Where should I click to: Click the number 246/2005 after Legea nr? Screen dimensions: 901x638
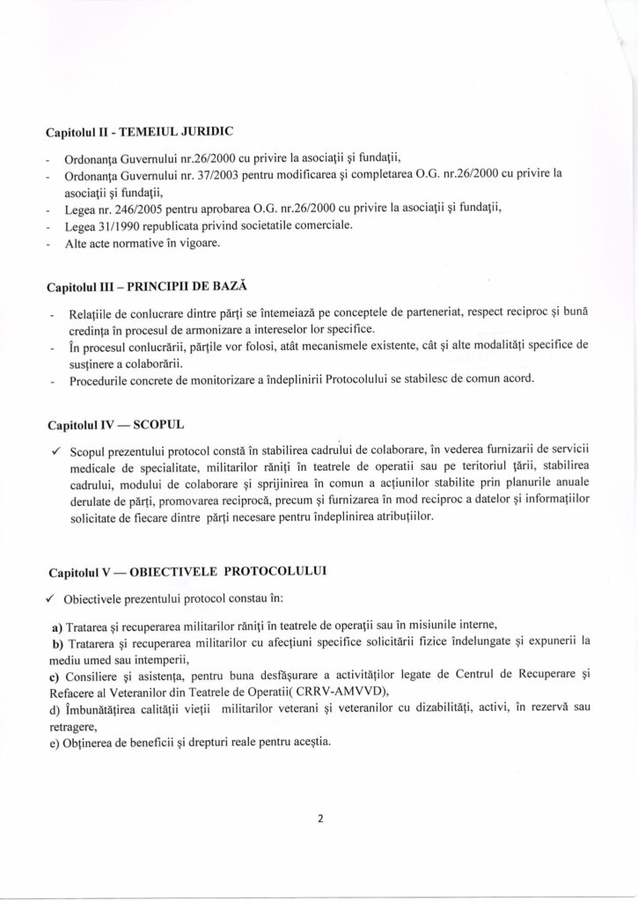139,208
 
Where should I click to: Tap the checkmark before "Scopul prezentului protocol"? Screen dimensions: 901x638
55,450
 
